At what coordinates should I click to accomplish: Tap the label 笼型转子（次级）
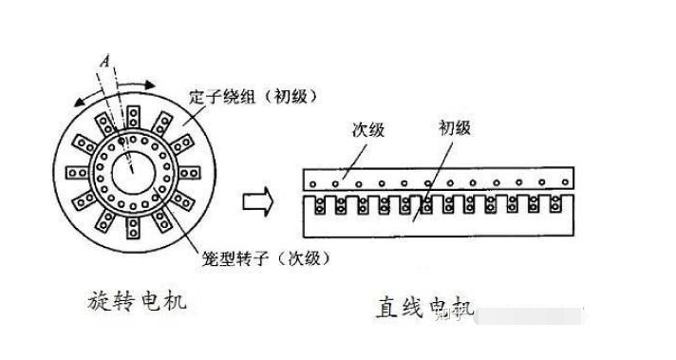click(x=266, y=257)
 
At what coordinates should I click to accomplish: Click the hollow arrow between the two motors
click(x=259, y=200)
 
